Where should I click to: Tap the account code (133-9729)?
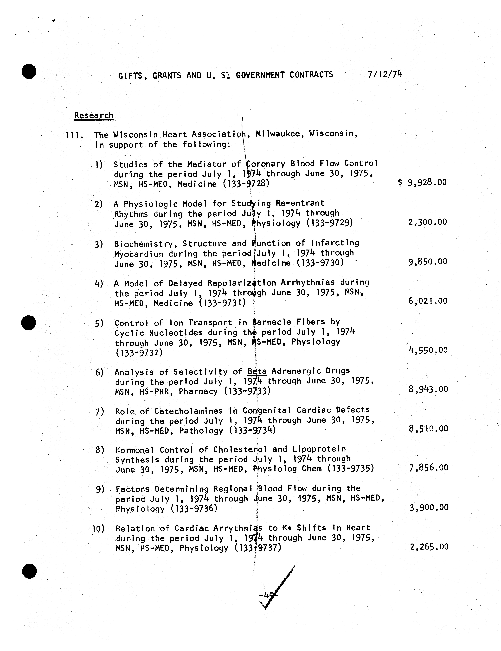(330, 223)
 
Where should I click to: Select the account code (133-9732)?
(139, 353)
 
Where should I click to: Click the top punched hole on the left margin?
(29, 72)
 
